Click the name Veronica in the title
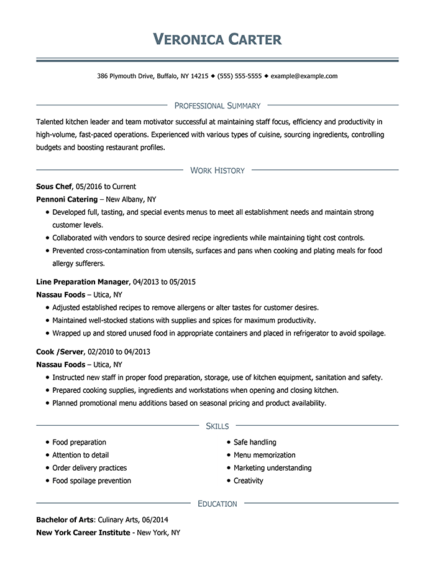click(x=184, y=40)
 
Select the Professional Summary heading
click(x=217, y=106)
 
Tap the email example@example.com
click(x=304, y=76)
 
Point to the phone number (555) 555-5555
click(x=239, y=76)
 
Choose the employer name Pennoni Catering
click(x=66, y=199)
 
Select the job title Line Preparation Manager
click(x=83, y=282)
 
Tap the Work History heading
click(x=217, y=170)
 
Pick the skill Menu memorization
click(x=264, y=455)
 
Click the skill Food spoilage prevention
click(x=91, y=481)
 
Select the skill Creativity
click(x=248, y=481)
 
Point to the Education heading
click(x=217, y=504)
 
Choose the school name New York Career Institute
click(x=83, y=532)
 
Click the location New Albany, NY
click(x=131, y=199)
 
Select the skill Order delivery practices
click(x=89, y=468)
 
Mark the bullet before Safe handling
click(x=229, y=443)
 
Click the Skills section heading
click(x=217, y=426)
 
